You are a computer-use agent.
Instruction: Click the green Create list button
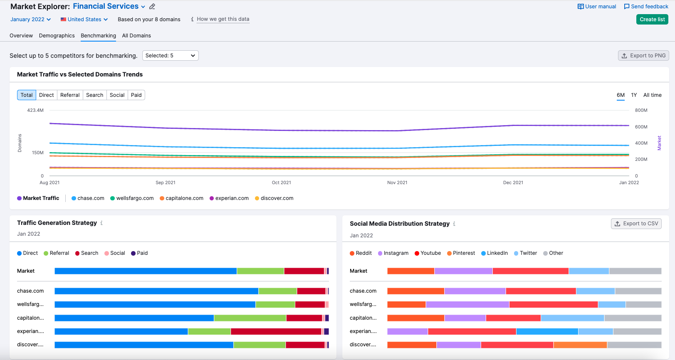tap(652, 20)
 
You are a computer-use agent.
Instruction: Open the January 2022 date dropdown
tap(30, 20)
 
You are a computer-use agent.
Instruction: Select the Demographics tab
tap(57, 36)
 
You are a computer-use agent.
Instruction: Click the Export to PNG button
tap(643, 56)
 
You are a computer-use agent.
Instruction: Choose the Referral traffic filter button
tap(69, 95)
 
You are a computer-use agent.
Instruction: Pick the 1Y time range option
tap(634, 95)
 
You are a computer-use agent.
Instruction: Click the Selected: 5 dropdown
tap(170, 56)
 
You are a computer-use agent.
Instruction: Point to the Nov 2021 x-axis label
tap(397, 182)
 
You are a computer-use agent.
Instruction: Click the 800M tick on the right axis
tap(641, 111)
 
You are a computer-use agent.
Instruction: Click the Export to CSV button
tap(636, 224)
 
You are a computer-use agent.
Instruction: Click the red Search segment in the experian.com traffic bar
tap(276, 331)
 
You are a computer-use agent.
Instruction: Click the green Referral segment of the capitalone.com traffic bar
tap(250, 318)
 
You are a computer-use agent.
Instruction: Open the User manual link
tap(597, 7)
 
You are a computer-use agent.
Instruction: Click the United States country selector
tap(84, 20)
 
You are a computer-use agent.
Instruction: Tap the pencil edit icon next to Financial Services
tap(152, 7)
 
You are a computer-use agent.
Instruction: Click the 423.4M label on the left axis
tap(35, 111)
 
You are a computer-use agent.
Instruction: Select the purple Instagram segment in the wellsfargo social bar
tap(467, 305)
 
